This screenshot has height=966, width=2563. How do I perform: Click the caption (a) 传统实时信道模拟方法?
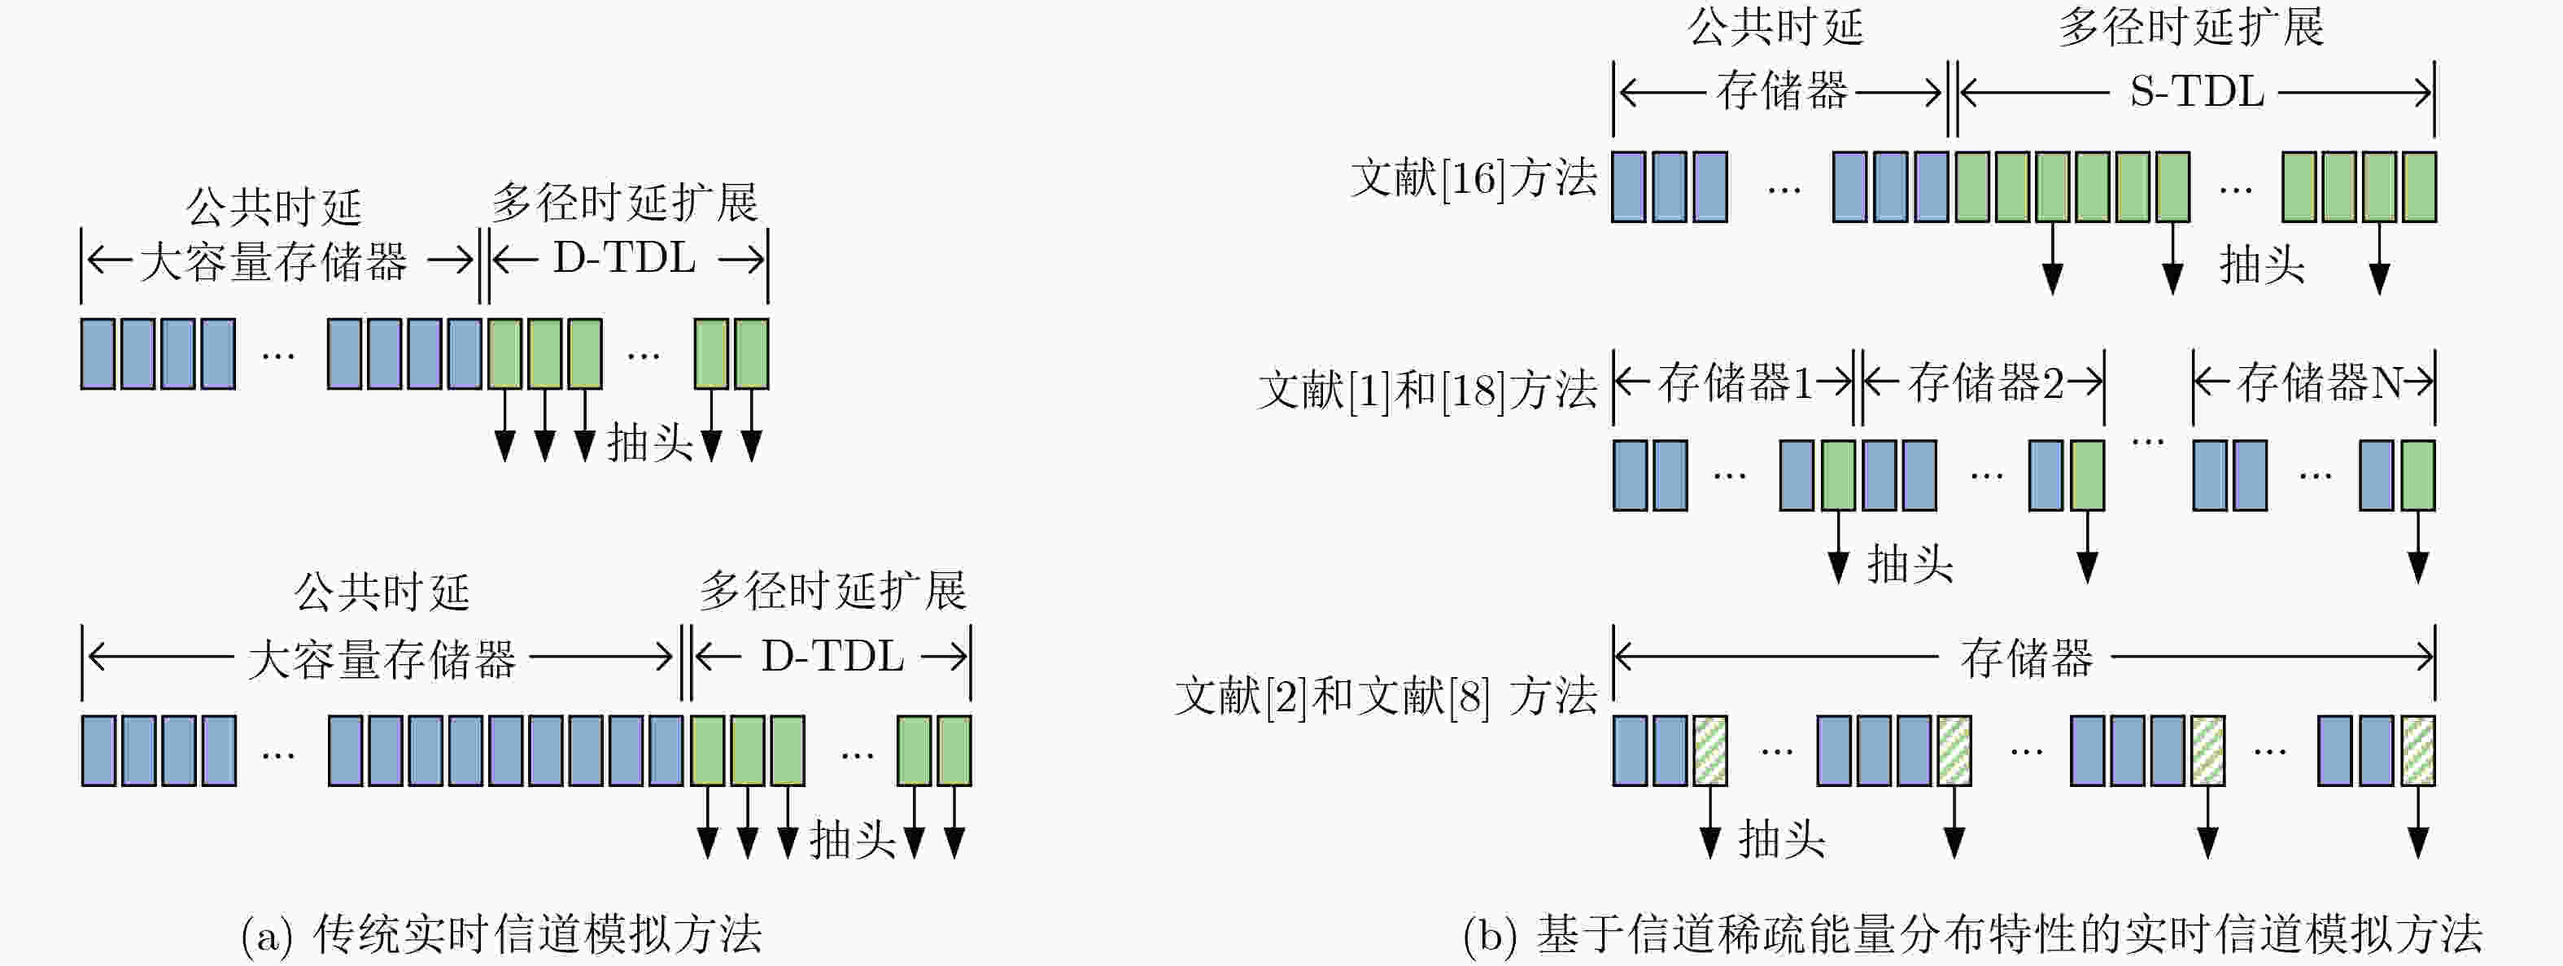(501, 933)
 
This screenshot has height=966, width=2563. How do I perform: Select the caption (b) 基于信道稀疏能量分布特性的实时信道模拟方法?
(1973, 933)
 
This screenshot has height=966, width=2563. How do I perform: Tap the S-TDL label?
(2197, 93)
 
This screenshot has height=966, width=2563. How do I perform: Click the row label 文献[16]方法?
(1474, 179)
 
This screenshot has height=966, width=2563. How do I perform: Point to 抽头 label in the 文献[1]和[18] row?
(1910, 565)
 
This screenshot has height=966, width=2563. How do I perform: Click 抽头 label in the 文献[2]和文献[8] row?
(1782, 840)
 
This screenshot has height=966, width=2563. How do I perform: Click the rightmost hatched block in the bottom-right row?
(2417, 750)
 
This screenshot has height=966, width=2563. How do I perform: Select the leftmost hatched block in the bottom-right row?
(1710, 750)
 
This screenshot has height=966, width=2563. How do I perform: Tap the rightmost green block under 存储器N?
(2417, 475)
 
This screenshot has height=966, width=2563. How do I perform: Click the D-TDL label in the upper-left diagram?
(625, 259)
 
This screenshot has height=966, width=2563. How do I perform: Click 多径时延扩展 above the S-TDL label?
(2191, 27)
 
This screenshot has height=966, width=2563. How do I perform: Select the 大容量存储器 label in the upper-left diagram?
(273, 262)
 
